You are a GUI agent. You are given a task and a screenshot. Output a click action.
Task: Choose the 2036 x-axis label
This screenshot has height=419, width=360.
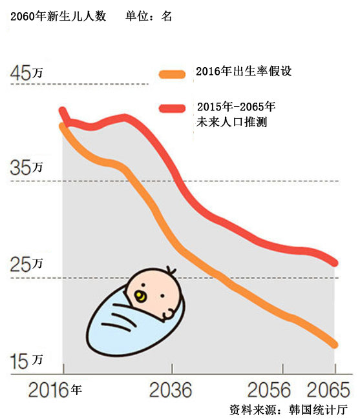tap(171, 391)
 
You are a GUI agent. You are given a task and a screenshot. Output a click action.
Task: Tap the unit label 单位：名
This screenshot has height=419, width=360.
tap(149, 16)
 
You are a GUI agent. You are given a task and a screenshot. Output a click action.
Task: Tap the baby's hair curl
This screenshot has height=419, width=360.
tap(169, 270)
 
